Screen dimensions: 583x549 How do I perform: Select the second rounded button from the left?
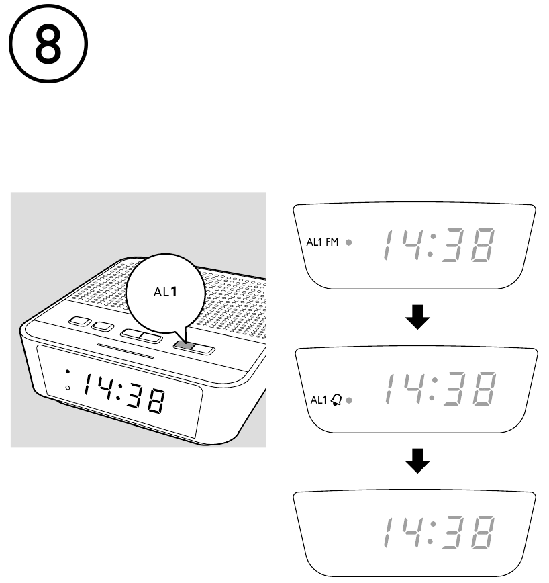click(x=103, y=326)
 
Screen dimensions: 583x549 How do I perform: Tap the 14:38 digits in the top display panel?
click(x=438, y=244)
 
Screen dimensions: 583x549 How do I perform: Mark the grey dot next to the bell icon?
click(x=349, y=401)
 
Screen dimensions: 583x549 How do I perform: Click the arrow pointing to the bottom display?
click(x=419, y=461)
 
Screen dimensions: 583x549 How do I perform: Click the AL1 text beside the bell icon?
click(x=318, y=400)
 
